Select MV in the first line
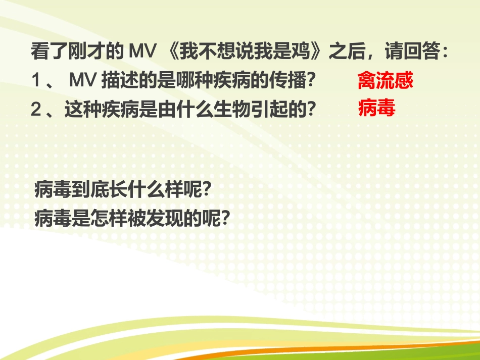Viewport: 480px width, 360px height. [141, 52]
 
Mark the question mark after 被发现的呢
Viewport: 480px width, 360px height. [225, 218]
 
